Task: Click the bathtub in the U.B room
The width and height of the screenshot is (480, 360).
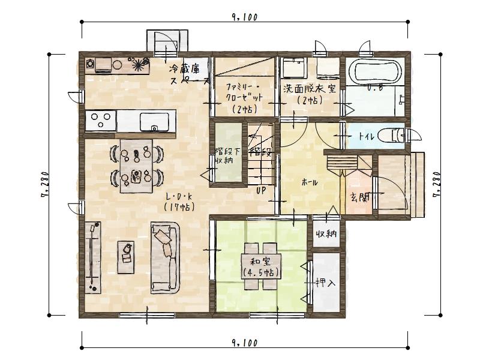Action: tap(376, 71)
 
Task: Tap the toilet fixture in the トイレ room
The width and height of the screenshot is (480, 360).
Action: tap(394, 135)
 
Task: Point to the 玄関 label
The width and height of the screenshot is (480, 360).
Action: tap(360, 197)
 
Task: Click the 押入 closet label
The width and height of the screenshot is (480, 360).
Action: tap(325, 281)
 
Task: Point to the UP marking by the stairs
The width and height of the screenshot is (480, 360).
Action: tap(261, 191)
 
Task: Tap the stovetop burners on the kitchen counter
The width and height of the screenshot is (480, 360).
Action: tap(100, 120)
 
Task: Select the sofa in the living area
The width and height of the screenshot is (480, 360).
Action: tap(166, 256)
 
